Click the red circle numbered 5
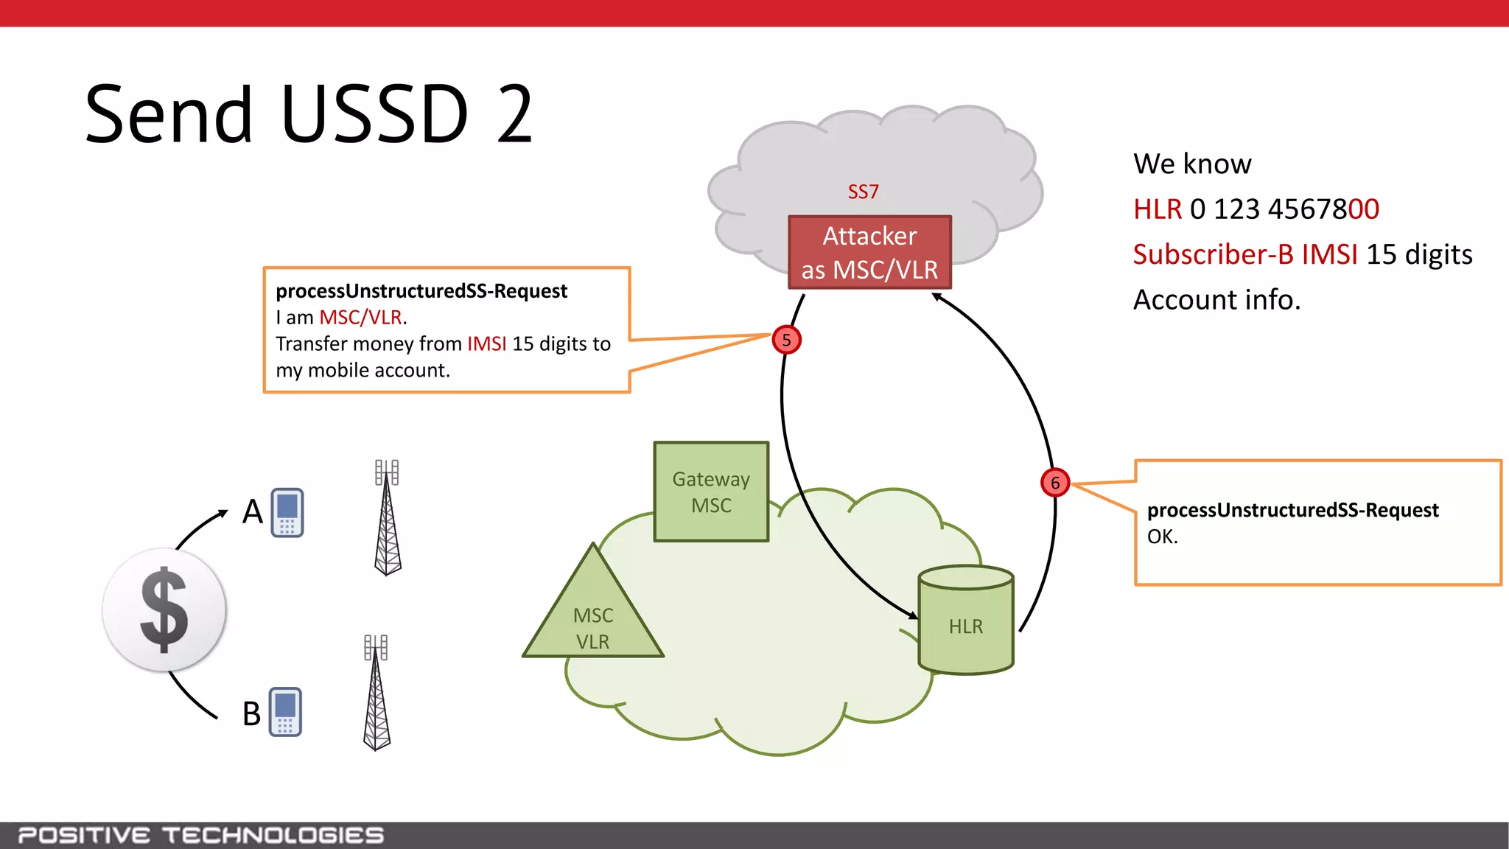click(786, 340)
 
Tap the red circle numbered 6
click(1054, 483)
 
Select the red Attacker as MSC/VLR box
click(869, 253)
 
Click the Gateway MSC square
click(711, 492)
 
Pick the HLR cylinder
click(965, 621)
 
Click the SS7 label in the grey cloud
click(863, 192)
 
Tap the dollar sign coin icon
click(164, 609)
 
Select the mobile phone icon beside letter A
click(287, 512)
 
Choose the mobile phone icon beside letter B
click(285, 712)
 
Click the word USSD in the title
click(374, 114)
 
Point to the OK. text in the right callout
click(1163, 537)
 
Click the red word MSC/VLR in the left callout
click(360, 318)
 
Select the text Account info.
click(1216, 300)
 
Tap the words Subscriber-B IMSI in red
click(1244, 254)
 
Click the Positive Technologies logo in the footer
click(200, 835)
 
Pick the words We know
click(1192, 164)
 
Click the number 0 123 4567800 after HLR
click(1284, 209)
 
